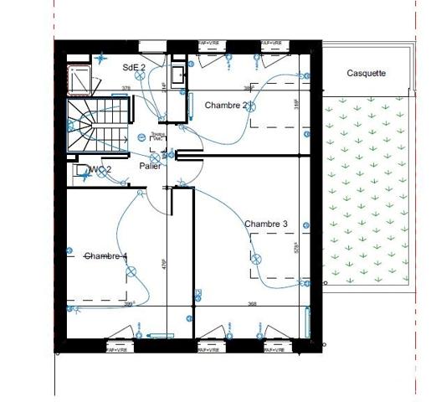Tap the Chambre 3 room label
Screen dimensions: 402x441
(x=266, y=224)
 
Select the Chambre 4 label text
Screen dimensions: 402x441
(x=106, y=255)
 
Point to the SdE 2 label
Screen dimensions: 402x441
(x=134, y=67)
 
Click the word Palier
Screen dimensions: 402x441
(x=151, y=166)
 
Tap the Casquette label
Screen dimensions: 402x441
(x=367, y=74)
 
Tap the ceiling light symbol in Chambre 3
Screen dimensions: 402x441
(x=257, y=259)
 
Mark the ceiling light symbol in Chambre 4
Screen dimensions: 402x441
(x=131, y=270)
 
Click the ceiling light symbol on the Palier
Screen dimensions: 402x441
(x=155, y=157)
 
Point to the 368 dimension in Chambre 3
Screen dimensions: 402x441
(x=252, y=304)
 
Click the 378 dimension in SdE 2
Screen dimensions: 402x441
(x=126, y=87)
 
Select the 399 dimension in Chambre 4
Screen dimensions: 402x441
(x=130, y=304)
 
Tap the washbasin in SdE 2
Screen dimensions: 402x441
(x=177, y=75)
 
